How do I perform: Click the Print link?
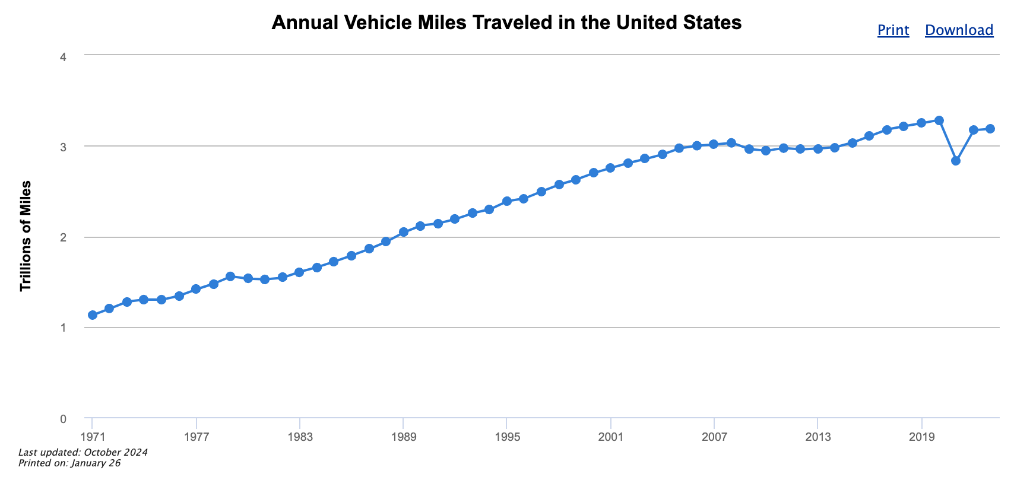893,30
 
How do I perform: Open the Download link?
959,30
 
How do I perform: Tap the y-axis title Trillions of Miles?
26,236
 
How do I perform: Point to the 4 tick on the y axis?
64,57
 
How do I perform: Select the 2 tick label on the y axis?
64,237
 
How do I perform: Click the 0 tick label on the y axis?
64,419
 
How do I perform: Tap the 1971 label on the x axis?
93,437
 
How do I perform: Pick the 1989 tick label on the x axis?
404,437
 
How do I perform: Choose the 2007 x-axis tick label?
714,437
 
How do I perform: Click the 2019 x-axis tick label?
921,437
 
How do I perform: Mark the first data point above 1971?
93,315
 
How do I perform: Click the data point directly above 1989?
404,232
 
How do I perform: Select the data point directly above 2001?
610,168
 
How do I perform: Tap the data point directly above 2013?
818,148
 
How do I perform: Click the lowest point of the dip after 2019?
956,161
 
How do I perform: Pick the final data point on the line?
990,129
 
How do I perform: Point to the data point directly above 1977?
196,289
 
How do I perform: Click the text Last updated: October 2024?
83,453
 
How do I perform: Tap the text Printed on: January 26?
69,463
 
